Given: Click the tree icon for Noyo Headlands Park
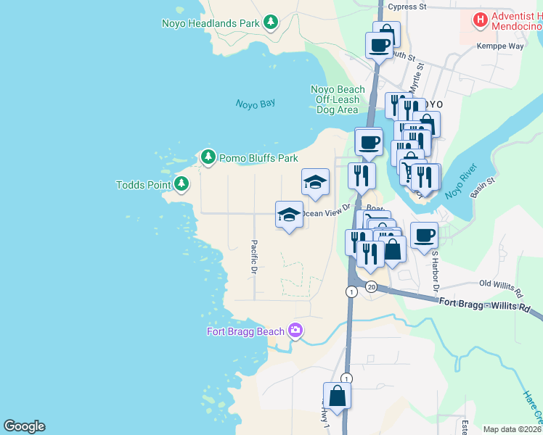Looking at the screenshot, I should (271, 22).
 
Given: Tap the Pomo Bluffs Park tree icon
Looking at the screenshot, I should (208, 157).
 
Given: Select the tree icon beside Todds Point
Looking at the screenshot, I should (181, 185).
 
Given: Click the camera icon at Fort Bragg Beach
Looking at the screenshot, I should (295, 331).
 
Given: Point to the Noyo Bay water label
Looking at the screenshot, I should (256, 104).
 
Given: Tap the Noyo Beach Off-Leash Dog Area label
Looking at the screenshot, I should (338, 99).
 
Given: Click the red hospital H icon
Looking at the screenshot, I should (480, 20).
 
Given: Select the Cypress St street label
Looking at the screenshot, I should (407, 7).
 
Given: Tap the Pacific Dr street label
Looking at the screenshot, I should (254, 257).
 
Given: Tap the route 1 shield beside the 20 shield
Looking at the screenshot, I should (351, 291).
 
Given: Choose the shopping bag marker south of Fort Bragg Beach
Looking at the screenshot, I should (337, 397).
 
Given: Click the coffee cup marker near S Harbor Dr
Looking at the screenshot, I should (424, 235).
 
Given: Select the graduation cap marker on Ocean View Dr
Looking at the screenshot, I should (289, 214).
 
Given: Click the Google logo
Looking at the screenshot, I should (24, 426).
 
